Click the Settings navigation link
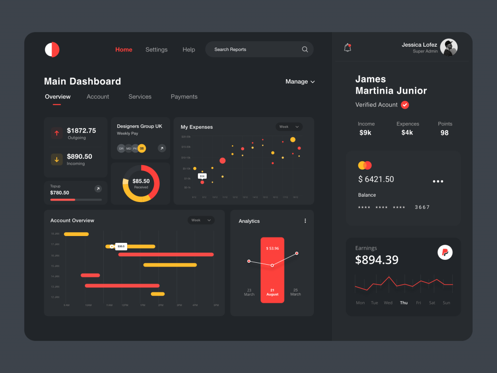[156, 50]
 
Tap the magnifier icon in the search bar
[305, 50]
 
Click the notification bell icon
[348, 48]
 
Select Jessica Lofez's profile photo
[448, 48]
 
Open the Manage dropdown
[300, 82]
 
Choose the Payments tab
[184, 97]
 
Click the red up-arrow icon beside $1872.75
[57, 133]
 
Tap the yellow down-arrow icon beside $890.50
[57, 159]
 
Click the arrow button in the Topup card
[98, 189]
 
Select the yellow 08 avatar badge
[142, 148]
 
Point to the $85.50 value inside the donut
[141, 181]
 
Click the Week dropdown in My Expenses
[289, 127]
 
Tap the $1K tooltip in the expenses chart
[202, 176]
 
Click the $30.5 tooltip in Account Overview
[121, 246]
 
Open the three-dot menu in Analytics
[305, 221]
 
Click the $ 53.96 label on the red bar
[272, 248]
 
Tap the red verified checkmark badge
[405, 105]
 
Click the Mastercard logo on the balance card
[364, 165]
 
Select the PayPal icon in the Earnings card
[445, 252]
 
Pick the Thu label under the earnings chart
[404, 303]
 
